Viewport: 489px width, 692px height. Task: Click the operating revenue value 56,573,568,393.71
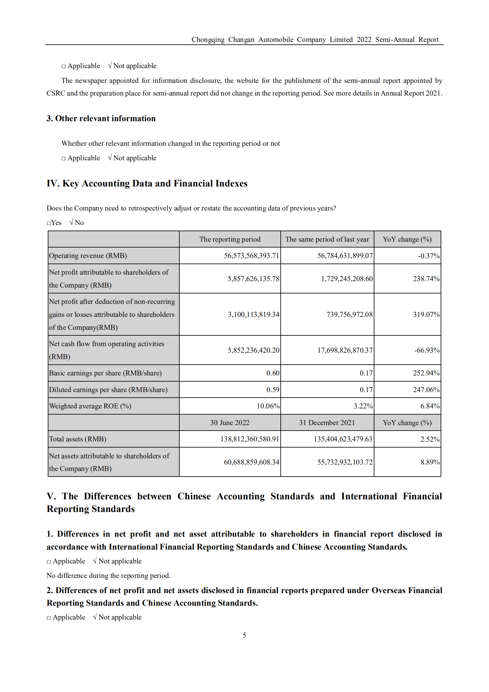click(x=251, y=256)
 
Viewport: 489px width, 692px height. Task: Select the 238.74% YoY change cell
click(x=426, y=279)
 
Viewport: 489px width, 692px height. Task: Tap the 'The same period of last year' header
click(x=327, y=240)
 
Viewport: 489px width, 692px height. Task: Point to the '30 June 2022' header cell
click(x=230, y=423)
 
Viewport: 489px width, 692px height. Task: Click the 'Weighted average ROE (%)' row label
click(x=90, y=406)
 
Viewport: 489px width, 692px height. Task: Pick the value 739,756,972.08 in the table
click(x=349, y=314)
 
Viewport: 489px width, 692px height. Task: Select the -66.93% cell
click(x=426, y=350)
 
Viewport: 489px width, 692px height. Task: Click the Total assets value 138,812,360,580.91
click(x=250, y=439)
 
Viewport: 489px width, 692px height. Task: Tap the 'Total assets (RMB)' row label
click(x=78, y=439)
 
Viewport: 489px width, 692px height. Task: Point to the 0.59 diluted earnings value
click(x=273, y=390)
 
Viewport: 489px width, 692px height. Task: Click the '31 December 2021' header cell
click(x=327, y=423)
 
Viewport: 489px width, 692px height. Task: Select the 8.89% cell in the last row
click(x=430, y=462)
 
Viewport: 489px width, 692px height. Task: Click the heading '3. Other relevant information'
click(x=101, y=119)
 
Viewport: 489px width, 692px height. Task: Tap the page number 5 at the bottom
click(x=244, y=635)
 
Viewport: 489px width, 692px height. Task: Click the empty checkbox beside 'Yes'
click(x=49, y=223)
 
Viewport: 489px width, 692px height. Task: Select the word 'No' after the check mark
click(x=79, y=223)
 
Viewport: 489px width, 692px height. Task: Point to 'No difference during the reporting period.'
click(x=108, y=575)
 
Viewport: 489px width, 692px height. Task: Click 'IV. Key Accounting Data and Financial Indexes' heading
click(x=147, y=183)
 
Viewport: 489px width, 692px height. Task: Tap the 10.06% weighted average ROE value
click(x=268, y=406)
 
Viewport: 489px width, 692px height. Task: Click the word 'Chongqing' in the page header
click(x=208, y=40)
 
